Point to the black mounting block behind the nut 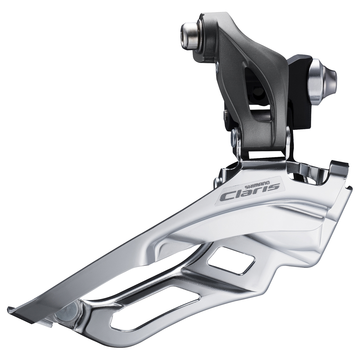pos(300,90)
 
